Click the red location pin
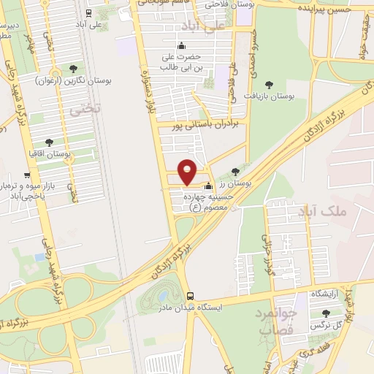[x=188, y=171]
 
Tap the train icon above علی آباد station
[x=88, y=12]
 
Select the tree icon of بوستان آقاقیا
[x=50, y=142]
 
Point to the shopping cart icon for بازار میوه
[x=27, y=175]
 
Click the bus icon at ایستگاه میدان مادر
[x=191, y=296]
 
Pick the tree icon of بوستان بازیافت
[x=269, y=85]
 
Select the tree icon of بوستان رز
[x=234, y=172]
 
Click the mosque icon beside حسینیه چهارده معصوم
[x=210, y=186]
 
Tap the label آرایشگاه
[x=327, y=294]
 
